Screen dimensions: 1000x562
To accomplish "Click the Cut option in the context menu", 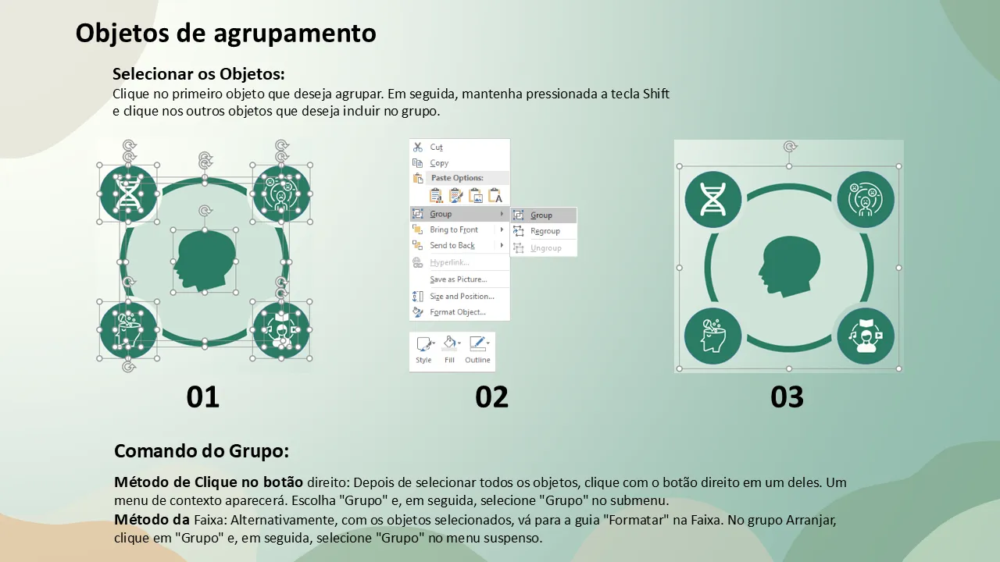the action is coord(436,148).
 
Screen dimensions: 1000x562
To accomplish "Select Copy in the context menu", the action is coord(439,163).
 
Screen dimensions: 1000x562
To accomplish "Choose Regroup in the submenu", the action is coord(545,231).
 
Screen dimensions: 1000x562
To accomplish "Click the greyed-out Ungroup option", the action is coord(545,248).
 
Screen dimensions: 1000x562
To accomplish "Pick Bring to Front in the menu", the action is coord(454,229).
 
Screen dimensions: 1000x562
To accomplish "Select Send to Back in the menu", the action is coord(452,245).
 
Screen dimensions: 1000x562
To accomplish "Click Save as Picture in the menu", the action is coord(458,279).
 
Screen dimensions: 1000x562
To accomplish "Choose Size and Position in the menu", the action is coord(462,296).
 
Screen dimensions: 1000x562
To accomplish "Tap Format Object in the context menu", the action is coord(458,312).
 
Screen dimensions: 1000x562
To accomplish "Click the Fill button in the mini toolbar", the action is coord(450,350).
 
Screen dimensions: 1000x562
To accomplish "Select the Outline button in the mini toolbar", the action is coord(477,350).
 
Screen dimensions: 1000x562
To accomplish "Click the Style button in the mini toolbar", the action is coord(424,350).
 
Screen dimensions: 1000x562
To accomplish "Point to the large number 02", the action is coord(491,397).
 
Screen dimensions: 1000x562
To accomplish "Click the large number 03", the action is coord(787,397).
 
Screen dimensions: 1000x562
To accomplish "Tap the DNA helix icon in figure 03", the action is coord(712,199).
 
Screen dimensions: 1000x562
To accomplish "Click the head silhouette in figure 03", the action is coord(790,267).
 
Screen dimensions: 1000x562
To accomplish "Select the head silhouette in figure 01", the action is coord(205,261).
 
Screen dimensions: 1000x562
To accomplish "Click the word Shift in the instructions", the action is coord(655,94).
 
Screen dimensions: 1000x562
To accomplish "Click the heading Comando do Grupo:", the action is coord(202,451).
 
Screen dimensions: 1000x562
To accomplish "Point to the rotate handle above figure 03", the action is coord(790,146).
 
